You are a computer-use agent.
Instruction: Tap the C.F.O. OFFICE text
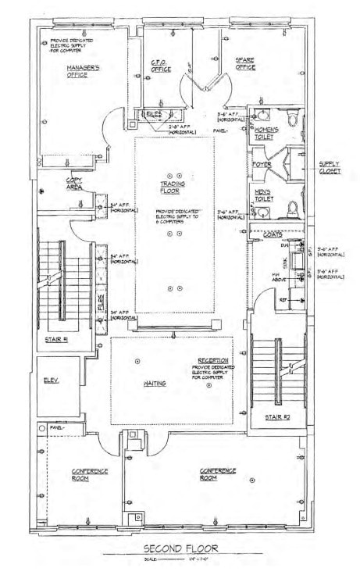coord(161,67)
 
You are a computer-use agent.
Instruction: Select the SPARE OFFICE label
coord(245,64)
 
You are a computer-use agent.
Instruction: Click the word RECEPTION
coord(212,361)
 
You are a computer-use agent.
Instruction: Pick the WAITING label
coord(153,384)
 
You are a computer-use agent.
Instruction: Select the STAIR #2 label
coord(277,416)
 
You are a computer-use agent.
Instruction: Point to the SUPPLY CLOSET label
coord(329,168)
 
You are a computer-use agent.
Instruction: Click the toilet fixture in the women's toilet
coord(293,118)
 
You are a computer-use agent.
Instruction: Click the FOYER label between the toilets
coord(261,165)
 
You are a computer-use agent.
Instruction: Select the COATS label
coord(273,234)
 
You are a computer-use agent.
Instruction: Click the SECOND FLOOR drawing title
coord(179,548)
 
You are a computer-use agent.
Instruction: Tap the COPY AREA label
coord(75,184)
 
